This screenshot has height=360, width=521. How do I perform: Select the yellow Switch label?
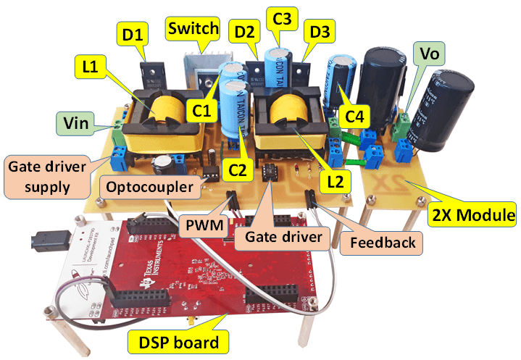point(192,29)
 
